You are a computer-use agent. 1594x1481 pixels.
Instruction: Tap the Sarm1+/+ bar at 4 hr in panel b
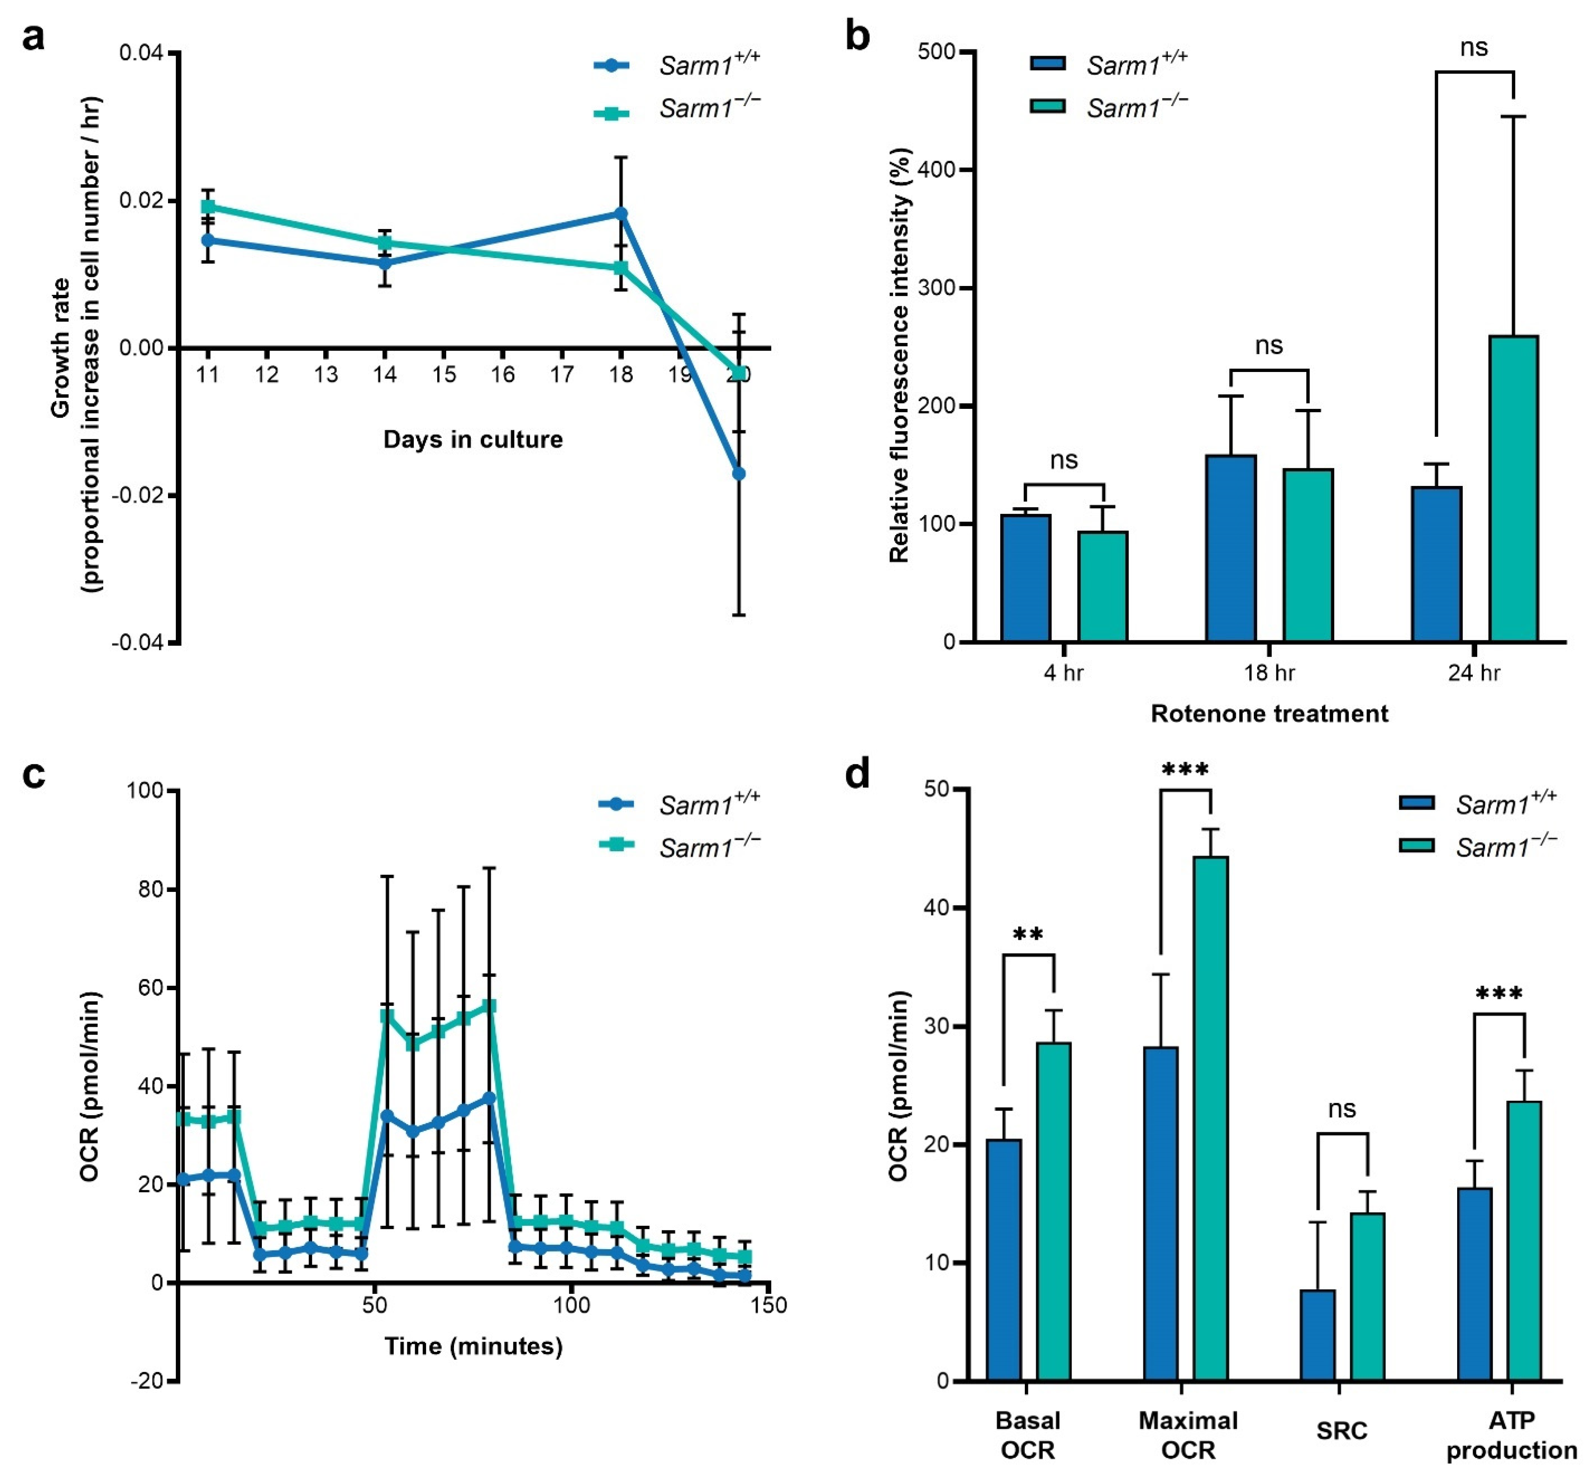(1025, 577)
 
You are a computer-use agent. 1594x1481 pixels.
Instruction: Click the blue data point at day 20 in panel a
(739, 474)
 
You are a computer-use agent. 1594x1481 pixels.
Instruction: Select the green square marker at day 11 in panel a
(208, 207)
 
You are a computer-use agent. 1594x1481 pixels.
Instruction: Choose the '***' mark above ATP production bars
(1499, 995)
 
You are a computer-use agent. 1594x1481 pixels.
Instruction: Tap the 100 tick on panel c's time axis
(571, 1306)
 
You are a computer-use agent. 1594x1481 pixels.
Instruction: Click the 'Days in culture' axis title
(473, 439)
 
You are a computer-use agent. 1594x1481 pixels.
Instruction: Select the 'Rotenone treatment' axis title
(1269, 713)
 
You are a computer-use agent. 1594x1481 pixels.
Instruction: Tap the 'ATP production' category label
(1512, 1435)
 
